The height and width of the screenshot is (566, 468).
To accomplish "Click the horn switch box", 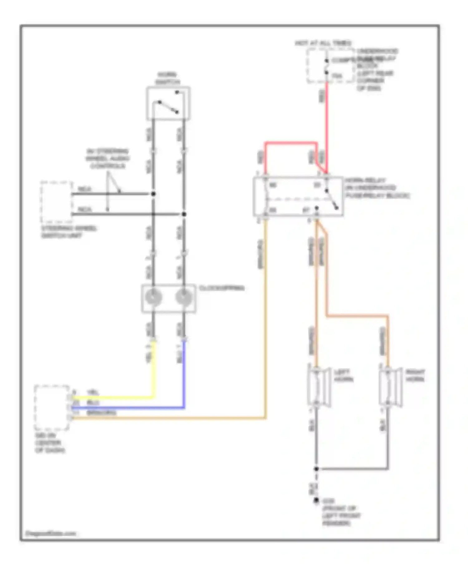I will [168, 103].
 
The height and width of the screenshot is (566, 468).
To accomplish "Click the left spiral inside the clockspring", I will [154, 297].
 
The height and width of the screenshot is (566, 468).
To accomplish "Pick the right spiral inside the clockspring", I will [184, 297].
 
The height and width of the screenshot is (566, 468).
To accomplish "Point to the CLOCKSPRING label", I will [221, 288].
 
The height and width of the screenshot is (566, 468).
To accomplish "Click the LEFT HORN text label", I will [344, 376].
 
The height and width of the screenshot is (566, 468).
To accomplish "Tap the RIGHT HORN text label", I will [415, 376].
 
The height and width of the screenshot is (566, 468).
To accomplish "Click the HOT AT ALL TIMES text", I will [323, 43].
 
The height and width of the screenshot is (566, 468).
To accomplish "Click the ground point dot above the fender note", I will [316, 501].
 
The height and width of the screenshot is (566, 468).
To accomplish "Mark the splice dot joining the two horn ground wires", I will [316, 469].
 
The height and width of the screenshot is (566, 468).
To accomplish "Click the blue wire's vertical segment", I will [184, 374].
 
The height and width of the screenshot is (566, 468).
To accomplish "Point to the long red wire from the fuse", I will [327, 125].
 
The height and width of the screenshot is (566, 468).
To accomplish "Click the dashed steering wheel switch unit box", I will [56, 202].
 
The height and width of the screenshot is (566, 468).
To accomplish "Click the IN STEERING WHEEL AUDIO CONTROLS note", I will [108, 159].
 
